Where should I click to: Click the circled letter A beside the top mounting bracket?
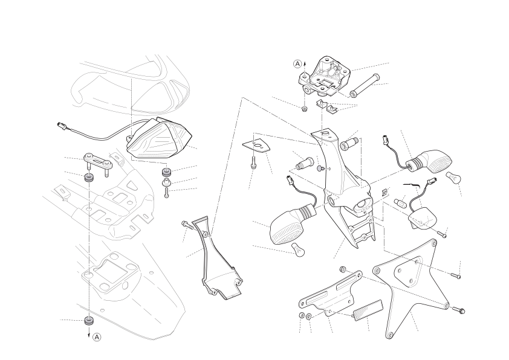297,64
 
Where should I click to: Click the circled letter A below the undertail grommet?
97,337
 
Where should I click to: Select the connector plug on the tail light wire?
61,125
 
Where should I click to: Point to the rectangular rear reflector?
368,310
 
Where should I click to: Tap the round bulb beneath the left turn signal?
298,249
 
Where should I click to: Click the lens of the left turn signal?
286,227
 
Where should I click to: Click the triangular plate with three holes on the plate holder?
407,271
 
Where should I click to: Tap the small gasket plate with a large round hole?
256,146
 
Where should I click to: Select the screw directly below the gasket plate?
253,162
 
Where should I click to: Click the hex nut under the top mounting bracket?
305,109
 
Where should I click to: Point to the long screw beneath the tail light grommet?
167,192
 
